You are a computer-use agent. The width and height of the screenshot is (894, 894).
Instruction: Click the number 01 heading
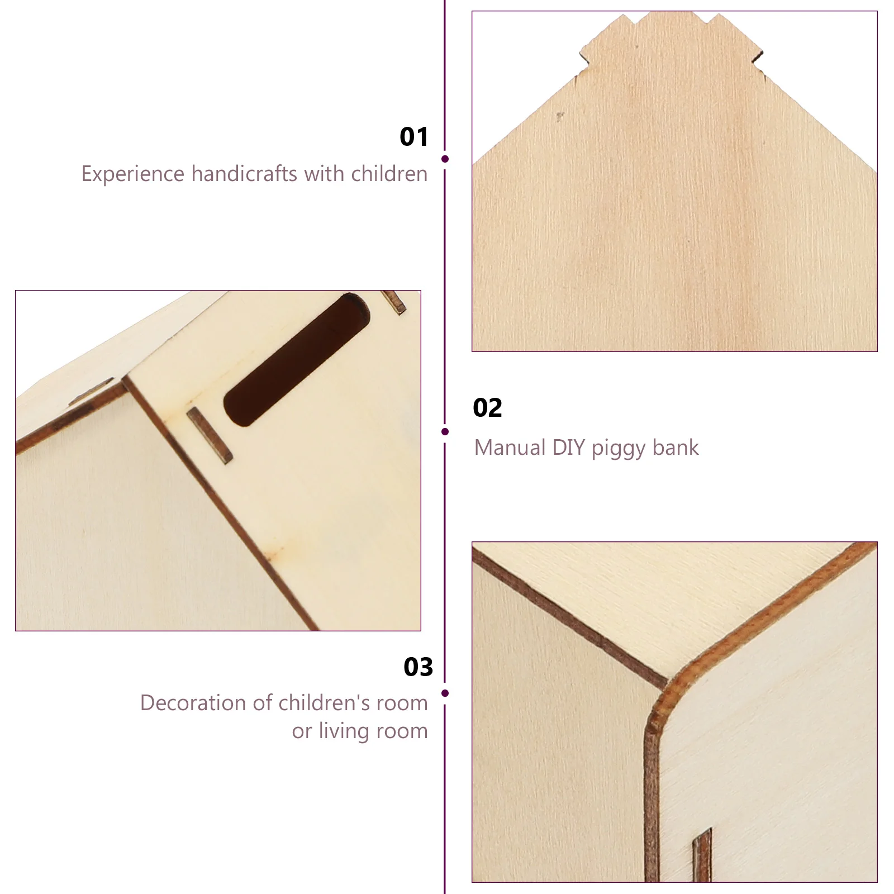point(414,137)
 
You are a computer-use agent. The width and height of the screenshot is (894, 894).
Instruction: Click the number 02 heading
point(487,408)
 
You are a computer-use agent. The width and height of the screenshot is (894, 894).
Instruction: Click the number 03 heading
point(418,667)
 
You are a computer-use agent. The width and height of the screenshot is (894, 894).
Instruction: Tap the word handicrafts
point(244,174)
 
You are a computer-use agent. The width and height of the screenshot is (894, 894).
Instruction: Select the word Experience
point(133,174)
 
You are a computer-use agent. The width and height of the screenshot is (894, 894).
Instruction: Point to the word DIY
point(569,448)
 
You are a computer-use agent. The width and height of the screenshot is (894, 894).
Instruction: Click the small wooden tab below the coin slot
point(210,435)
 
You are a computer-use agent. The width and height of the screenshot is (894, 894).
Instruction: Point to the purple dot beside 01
point(445,159)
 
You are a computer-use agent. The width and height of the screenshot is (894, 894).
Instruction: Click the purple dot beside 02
point(445,431)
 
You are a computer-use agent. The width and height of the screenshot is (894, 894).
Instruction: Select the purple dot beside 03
point(445,693)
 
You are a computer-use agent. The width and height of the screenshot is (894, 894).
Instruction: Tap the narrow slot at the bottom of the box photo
point(702,855)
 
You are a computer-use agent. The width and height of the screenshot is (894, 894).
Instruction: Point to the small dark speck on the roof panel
point(560,116)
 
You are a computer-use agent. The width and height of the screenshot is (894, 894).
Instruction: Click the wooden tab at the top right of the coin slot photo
point(394,302)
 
